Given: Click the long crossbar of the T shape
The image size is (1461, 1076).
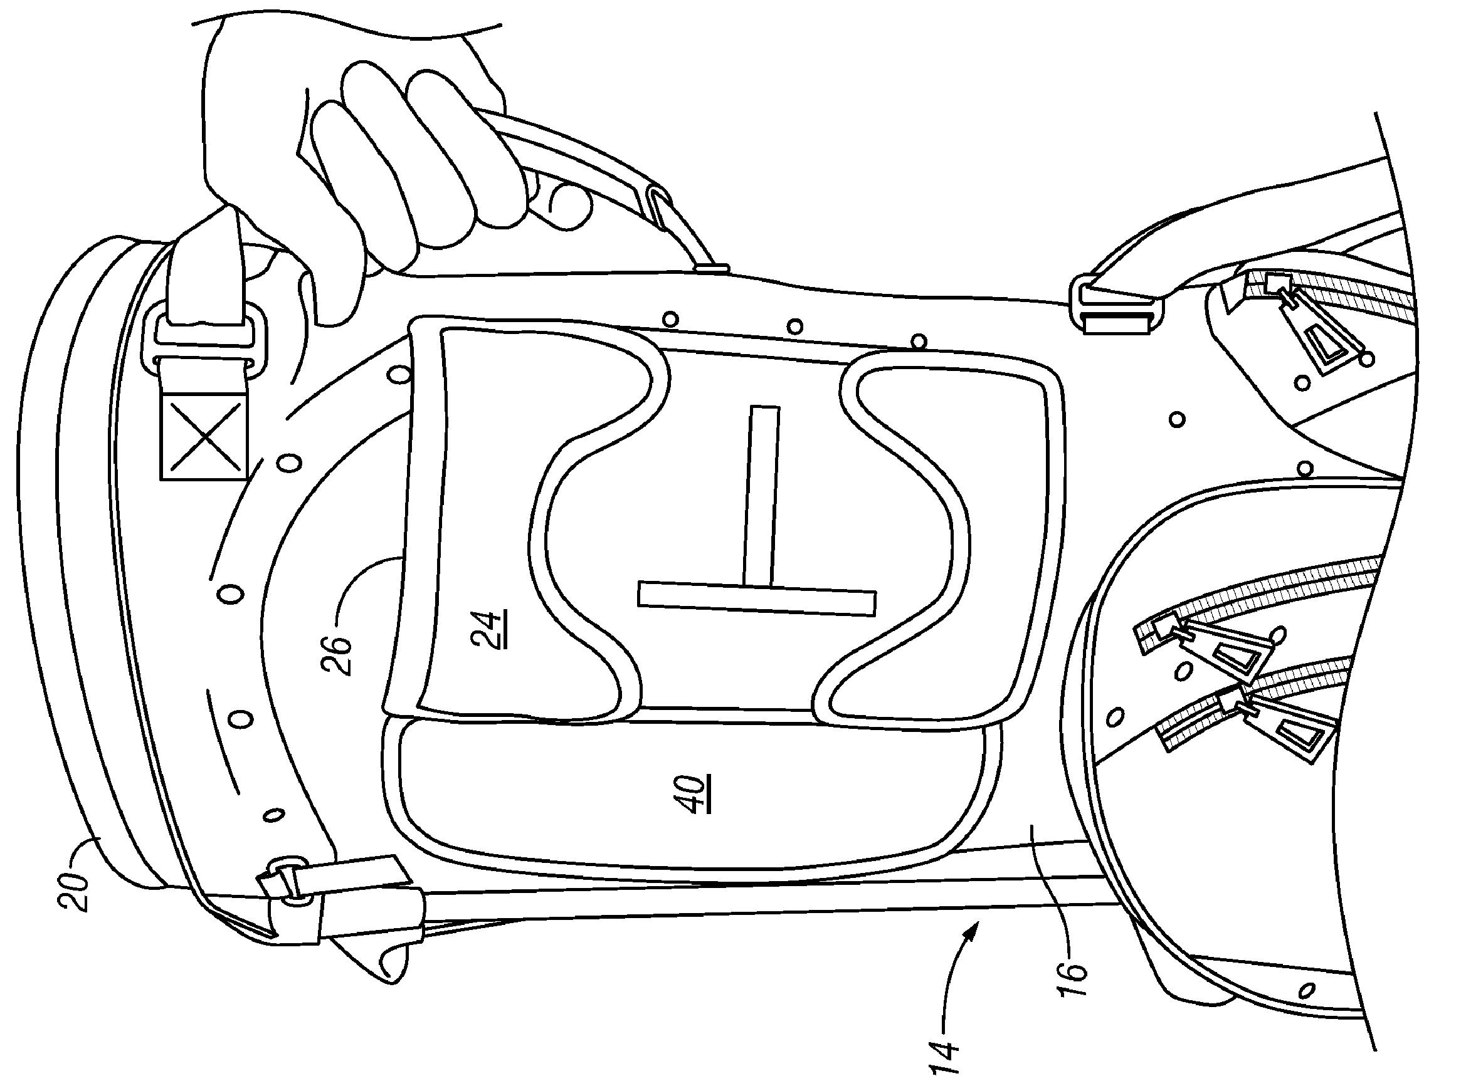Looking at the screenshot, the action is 756,597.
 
